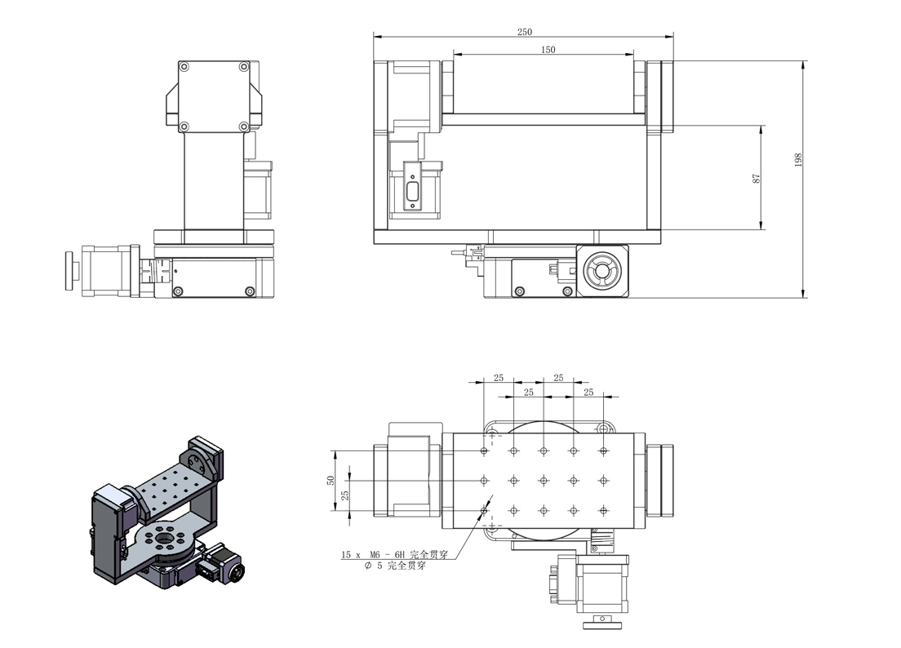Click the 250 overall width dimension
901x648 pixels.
click(524, 32)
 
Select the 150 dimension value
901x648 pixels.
click(548, 50)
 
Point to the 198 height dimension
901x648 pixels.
click(798, 160)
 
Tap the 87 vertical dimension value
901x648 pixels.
click(757, 179)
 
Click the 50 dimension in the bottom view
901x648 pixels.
click(331, 480)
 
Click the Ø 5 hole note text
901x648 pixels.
click(395, 566)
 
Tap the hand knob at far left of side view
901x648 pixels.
click(69, 271)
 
